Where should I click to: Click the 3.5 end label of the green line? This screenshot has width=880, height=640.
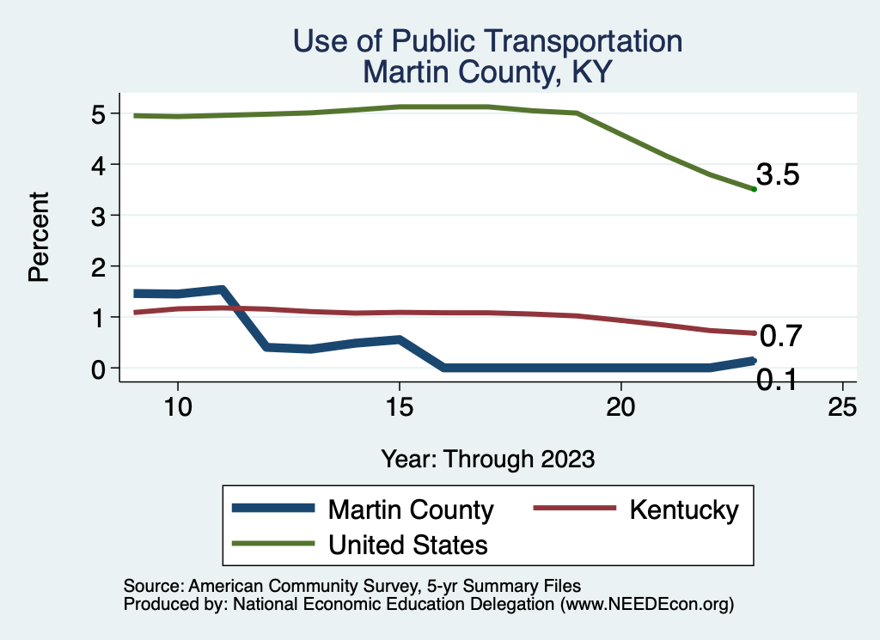[x=778, y=175]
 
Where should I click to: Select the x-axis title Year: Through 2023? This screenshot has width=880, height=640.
[x=488, y=459]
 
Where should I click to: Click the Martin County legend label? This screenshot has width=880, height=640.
[x=411, y=509]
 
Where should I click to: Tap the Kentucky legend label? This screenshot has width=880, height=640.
[x=683, y=509]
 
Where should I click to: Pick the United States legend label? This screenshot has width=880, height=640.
[x=408, y=544]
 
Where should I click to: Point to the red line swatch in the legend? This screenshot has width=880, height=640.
[x=574, y=509]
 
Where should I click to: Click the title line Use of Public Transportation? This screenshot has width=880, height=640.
[x=487, y=41]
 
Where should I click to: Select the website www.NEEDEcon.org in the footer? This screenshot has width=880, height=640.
[x=647, y=605]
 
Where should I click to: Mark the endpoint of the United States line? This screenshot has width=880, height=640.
[x=754, y=189]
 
